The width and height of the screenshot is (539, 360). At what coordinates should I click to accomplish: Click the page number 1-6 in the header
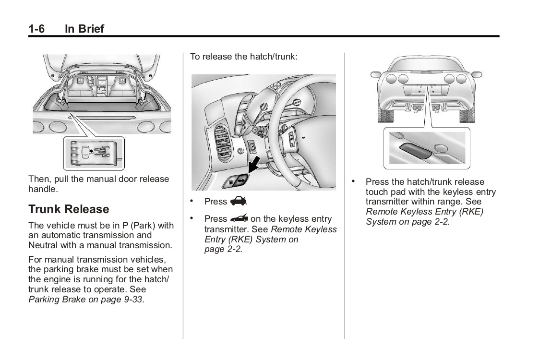click(x=36, y=29)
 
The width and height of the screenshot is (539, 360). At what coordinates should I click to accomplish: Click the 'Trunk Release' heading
click(x=69, y=209)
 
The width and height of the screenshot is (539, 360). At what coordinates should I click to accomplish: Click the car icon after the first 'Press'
click(x=239, y=201)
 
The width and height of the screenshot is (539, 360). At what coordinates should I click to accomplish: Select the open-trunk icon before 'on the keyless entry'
click(x=239, y=218)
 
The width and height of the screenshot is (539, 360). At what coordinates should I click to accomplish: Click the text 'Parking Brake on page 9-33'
click(x=85, y=300)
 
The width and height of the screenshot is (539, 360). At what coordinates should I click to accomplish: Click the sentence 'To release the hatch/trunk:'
click(x=244, y=57)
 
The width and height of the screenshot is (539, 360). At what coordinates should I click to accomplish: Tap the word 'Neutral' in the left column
click(x=43, y=245)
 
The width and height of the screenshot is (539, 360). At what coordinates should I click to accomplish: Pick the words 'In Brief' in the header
click(x=84, y=29)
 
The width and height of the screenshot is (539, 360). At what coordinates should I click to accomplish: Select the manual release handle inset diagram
click(x=94, y=153)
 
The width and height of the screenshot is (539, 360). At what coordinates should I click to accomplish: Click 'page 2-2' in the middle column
click(x=222, y=249)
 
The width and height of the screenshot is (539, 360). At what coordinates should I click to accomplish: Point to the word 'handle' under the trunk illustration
click(x=43, y=189)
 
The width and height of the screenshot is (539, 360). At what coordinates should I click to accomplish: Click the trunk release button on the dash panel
click(x=238, y=181)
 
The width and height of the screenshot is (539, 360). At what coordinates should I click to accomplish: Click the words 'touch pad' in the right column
click(x=386, y=192)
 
